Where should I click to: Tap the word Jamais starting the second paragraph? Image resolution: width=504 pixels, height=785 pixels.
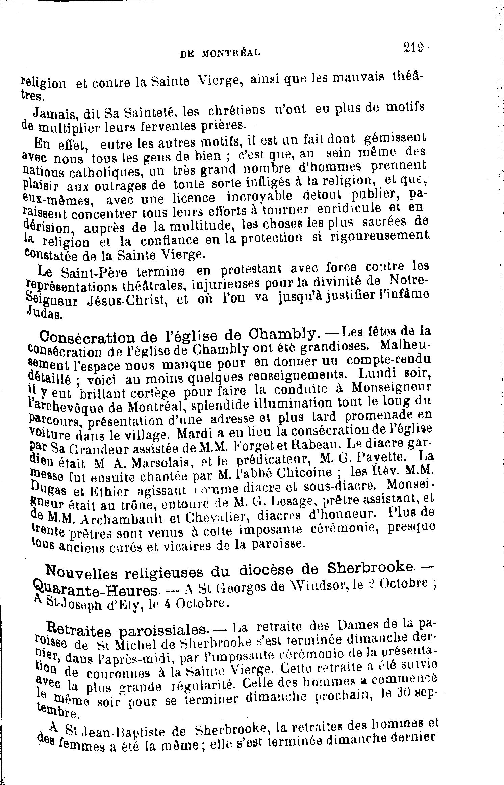coord(53,112)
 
